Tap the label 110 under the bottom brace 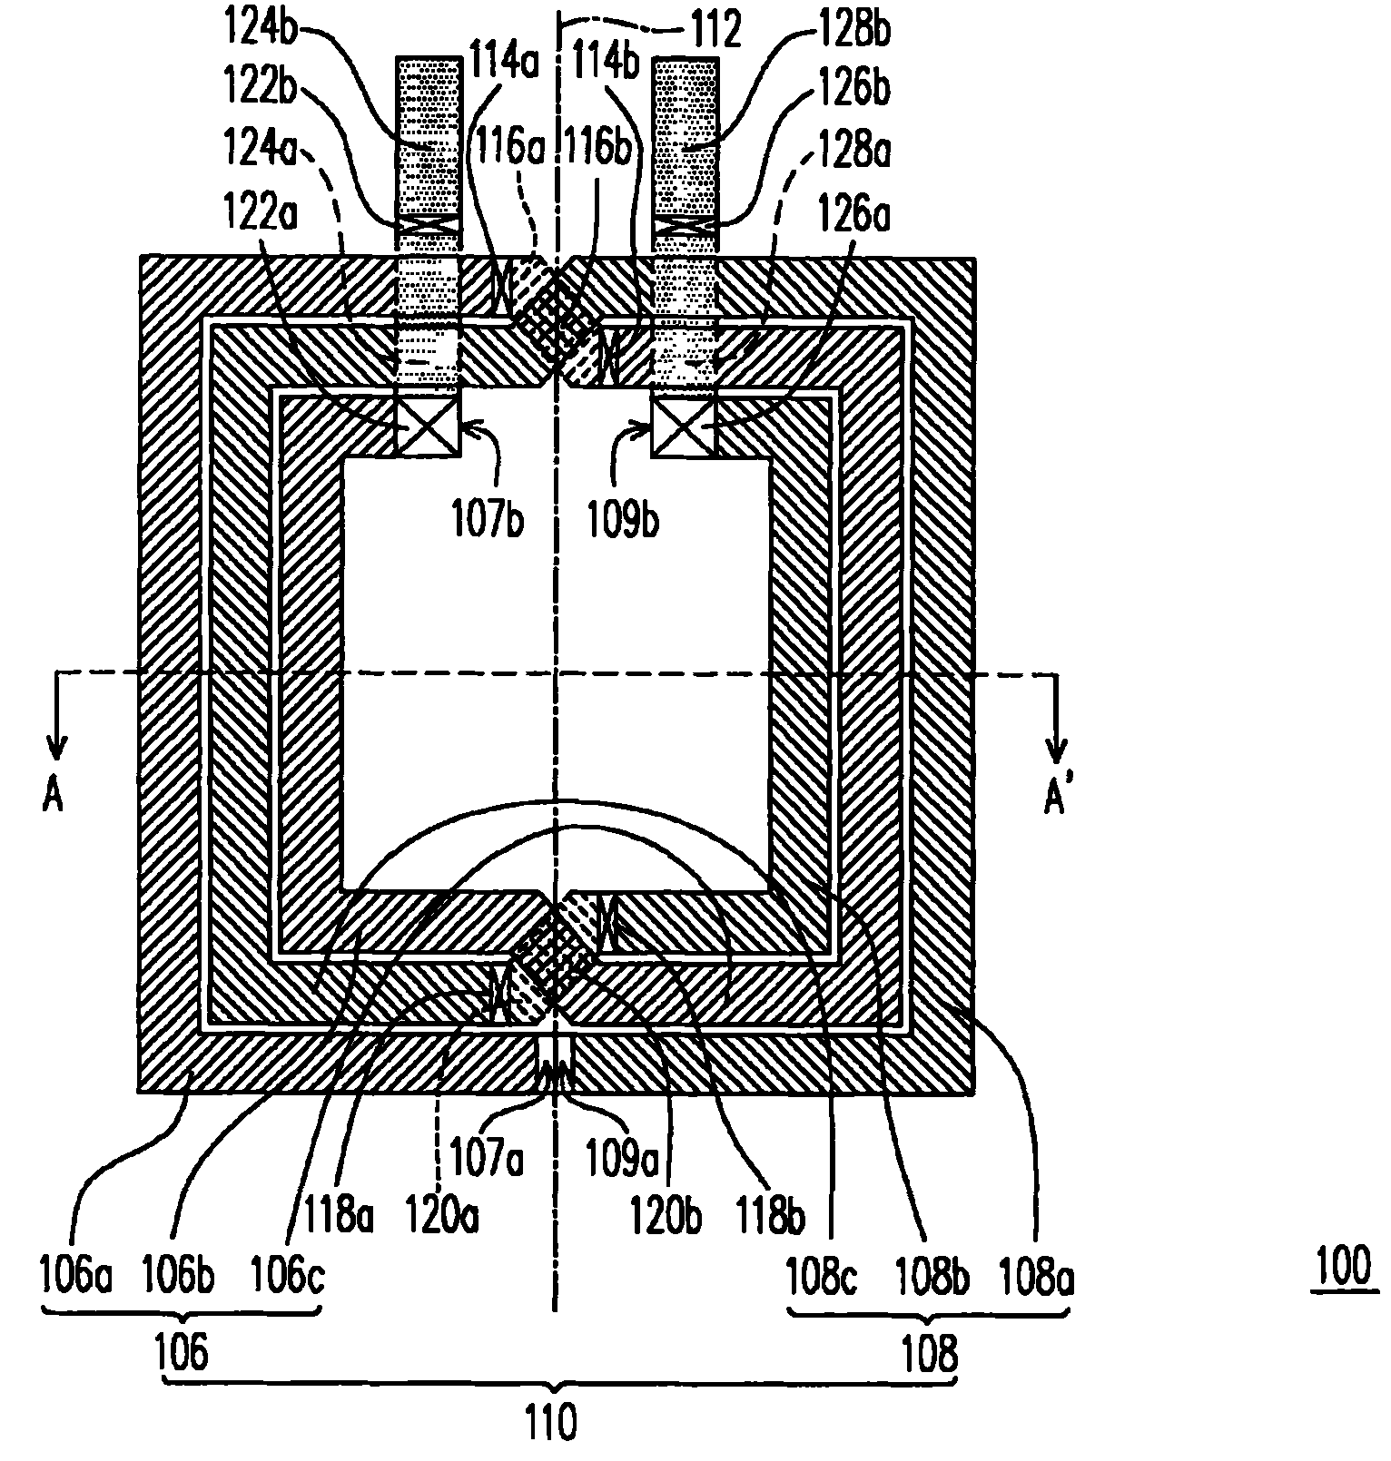(x=552, y=1421)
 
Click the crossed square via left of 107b (x=429, y=423)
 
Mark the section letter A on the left (x=53, y=798)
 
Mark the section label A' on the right (x=1055, y=798)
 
